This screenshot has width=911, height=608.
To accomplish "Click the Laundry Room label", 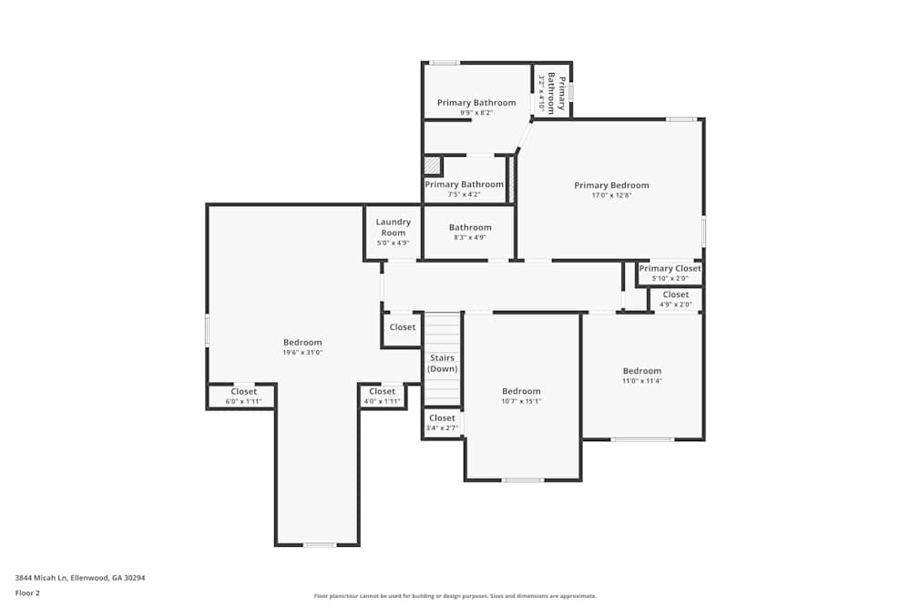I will point(394,227).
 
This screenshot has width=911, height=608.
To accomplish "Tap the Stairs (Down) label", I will point(442,364).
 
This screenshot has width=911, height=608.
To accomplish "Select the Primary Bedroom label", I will point(611,185).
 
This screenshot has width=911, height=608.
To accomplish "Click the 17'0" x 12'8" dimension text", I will point(611,195).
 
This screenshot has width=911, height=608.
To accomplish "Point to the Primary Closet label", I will point(670,269).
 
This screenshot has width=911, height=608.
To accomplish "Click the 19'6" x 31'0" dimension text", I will point(302,352).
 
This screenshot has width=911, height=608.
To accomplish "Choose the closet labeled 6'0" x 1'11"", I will point(243,396).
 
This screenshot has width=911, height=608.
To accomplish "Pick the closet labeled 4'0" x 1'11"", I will point(382,396).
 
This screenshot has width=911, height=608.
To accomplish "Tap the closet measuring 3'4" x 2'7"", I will point(442,422).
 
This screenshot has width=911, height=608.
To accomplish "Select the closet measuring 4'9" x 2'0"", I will point(675,299).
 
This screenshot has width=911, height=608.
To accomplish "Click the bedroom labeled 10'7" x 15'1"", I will point(521,396).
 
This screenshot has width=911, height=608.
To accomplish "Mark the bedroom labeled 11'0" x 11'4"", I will point(641,376).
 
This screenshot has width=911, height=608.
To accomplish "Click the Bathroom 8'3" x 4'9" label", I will point(470,232).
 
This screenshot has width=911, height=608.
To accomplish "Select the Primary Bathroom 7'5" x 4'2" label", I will point(464,189).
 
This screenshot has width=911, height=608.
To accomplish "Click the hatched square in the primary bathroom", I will point(432,166).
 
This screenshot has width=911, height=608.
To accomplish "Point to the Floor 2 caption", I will point(27,593).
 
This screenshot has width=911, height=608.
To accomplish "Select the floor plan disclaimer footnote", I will point(455,596).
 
